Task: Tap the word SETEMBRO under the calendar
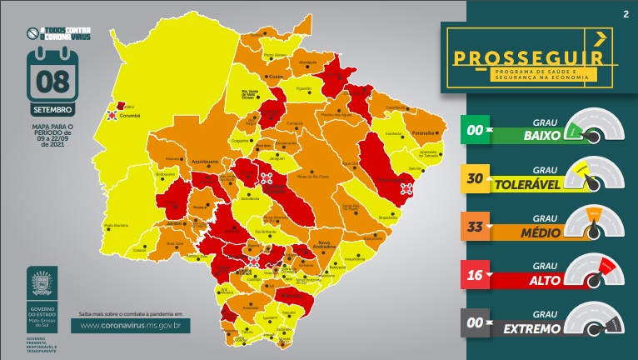point(54,109)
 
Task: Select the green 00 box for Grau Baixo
point(476,131)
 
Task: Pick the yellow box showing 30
point(476,178)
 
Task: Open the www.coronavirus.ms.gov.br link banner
point(132,326)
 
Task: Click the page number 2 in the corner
point(625,14)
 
